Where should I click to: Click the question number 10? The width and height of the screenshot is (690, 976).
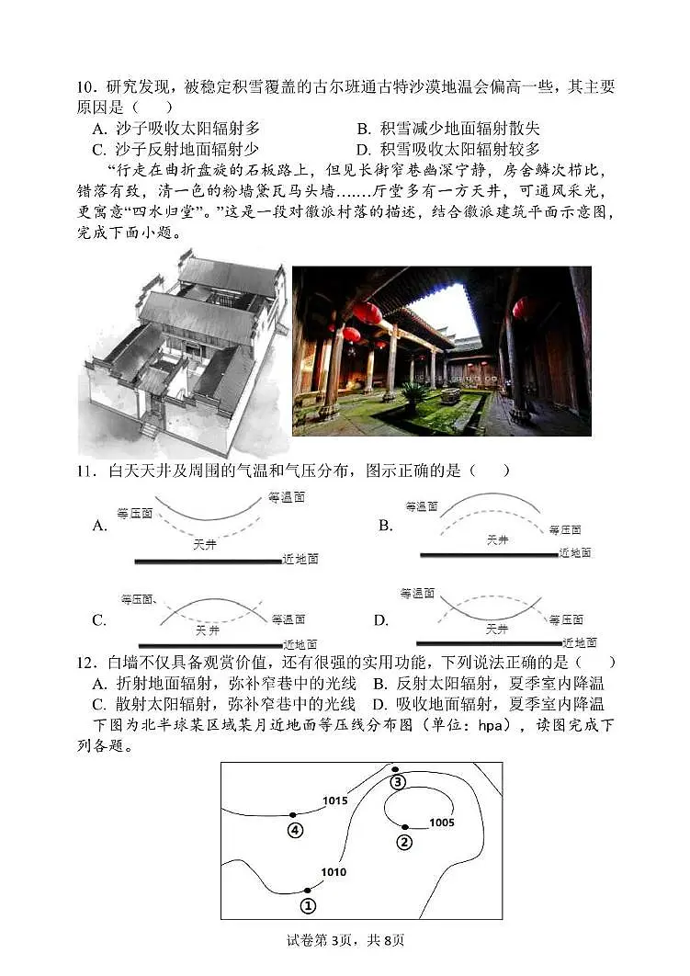[x=86, y=87]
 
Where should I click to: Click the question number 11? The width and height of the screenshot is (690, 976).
[x=86, y=471]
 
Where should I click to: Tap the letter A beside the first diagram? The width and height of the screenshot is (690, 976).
[x=100, y=526]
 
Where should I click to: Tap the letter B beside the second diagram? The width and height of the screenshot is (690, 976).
[x=385, y=526]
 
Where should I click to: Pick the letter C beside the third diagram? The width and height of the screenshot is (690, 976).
[x=99, y=620]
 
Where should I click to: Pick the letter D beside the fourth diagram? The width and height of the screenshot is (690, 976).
[x=381, y=620]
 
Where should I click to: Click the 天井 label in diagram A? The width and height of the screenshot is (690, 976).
[x=205, y=544]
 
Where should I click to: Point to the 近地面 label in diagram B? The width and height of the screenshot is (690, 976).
[x=575, y=553]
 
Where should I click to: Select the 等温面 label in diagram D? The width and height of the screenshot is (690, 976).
[x=417, y=595]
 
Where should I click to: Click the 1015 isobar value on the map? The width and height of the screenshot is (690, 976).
[x=334, y=800]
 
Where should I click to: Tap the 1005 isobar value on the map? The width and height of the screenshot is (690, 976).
[x=441, y=823]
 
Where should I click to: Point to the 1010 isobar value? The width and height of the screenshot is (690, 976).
[x=334, y=872]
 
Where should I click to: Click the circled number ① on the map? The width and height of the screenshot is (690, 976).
[x=308, y=905]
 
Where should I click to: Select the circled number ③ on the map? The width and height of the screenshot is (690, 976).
[x=397, y=782]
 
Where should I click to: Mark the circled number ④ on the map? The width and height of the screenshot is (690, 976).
[x=294, y=830]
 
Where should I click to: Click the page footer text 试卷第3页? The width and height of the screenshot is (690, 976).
[x=321, y=939]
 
